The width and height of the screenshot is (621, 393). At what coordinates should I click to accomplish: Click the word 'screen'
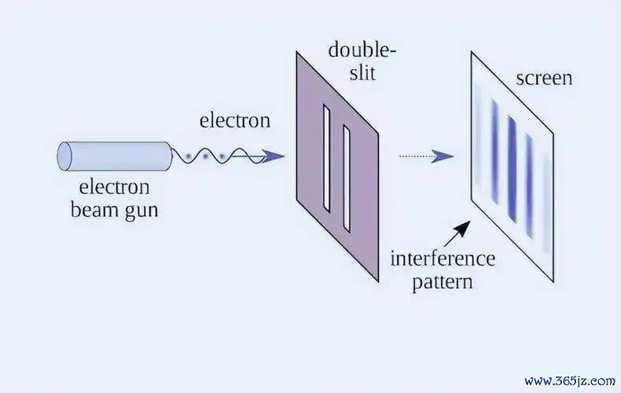544,79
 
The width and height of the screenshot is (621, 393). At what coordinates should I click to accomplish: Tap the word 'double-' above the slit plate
362,50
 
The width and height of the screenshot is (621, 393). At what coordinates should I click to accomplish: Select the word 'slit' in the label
362,72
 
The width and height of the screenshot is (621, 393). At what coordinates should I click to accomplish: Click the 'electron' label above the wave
235,120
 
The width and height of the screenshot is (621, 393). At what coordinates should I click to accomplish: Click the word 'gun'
141,211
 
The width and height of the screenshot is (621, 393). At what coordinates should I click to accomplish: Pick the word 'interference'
443,259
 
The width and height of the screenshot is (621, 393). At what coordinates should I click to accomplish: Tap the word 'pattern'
443,283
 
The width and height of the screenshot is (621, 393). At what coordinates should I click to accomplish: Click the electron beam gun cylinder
115,156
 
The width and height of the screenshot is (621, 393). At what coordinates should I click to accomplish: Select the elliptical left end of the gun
64,156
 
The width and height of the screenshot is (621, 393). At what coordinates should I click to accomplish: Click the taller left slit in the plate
327,159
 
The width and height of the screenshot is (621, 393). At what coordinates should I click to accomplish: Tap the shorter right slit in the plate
347,178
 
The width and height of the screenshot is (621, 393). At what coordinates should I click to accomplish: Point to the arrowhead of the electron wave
274,156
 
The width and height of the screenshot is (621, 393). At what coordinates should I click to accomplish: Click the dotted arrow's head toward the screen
443,156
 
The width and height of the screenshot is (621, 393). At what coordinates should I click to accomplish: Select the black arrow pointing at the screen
457,234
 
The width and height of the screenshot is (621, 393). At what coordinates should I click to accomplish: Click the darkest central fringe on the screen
512,169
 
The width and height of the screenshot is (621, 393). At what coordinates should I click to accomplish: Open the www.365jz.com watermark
570,381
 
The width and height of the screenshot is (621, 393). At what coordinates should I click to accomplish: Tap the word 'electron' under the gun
115,187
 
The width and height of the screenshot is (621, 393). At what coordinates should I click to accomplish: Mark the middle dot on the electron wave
205,156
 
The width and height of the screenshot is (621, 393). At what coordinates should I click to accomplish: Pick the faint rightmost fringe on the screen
547,203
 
